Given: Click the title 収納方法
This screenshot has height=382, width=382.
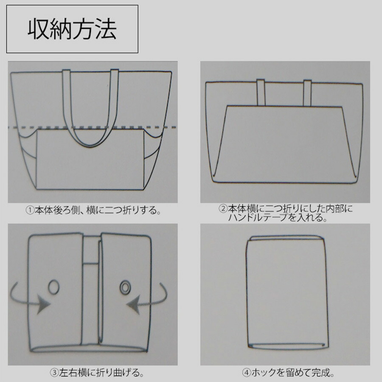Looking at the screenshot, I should tap(72, 29).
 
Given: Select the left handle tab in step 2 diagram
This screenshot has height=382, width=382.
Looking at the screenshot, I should tap(261, 92).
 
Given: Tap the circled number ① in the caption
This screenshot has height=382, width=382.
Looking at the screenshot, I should tap(30, 210).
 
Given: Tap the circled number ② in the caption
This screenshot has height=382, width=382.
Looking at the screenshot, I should tap(223, 209).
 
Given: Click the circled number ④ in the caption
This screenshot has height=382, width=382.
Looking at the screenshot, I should tap(247, 374).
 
